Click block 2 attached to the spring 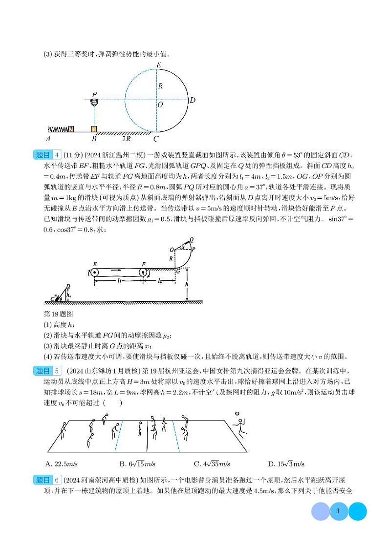(x=71, y=129)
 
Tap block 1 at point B (x=94, y=129)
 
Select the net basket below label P (x=94, y=103)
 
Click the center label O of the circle (x=160, y=104)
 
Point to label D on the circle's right (x=193, y=100)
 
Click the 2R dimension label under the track (x=126, y=139)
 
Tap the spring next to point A (x=58, y=129)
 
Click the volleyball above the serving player (x=237, y=414)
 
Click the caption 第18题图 (x=58, y=314)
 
